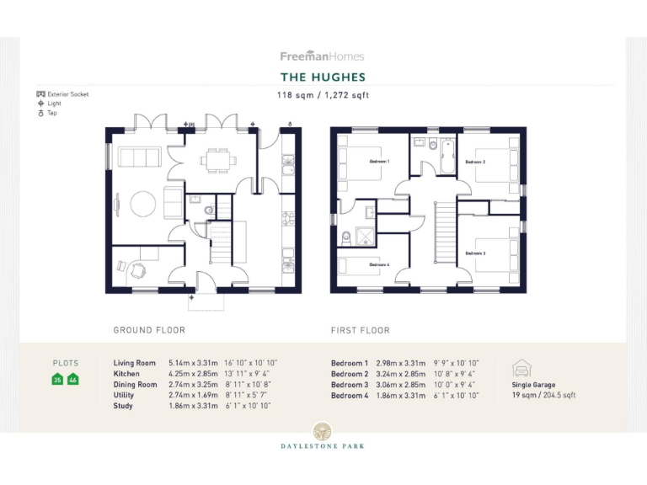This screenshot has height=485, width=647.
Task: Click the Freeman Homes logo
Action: (323, 56)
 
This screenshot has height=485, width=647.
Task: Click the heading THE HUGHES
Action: (323, 77)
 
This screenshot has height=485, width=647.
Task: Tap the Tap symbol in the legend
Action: (40, 113)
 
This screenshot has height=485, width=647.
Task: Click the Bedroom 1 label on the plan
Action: (380, 161)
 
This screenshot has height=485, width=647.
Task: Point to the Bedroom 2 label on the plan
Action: (475, 162)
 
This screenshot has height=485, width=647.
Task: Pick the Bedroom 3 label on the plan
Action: (475, 253)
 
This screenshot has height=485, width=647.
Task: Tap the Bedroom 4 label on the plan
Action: (379, 264)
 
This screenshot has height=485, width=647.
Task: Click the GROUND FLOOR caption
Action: (149, 330)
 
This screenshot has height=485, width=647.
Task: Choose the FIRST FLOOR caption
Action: (361, 330)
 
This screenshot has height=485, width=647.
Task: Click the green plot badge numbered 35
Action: (58, 379)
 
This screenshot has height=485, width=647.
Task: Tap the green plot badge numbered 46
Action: (72, 379)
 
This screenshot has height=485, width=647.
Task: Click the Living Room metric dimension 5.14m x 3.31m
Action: (192, 363)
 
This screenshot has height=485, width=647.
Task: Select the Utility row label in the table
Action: (124, 395)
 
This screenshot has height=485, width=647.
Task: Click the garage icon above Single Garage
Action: (521, 368)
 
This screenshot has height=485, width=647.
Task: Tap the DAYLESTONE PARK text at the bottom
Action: (323, 447)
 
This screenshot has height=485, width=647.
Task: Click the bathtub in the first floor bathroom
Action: (444, 157)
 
